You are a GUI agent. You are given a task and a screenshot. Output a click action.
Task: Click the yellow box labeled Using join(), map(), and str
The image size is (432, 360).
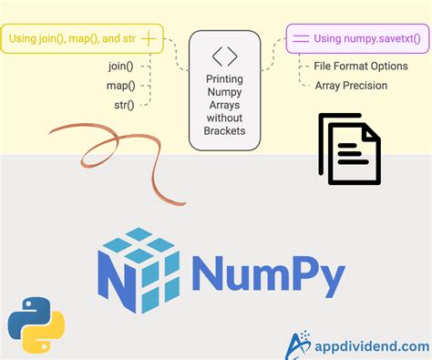tap(82, 39)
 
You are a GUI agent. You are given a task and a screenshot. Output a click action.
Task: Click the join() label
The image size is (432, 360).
tap(118, 66)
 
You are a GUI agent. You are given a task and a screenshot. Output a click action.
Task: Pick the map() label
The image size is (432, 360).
tap(119, 86)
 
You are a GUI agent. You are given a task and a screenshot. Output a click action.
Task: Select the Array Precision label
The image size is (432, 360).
tap(351, 86)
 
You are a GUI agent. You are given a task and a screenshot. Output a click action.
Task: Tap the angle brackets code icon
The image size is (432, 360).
tap(224, 56)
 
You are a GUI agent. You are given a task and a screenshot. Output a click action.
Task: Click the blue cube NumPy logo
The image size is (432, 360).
tap(137, 268)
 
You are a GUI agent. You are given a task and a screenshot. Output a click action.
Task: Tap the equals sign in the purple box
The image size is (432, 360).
tap(299, 39)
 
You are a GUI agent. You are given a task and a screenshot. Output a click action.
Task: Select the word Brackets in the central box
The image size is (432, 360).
tap(225, 129)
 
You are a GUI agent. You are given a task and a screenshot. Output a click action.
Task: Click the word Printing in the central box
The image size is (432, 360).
tap(224, 78)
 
